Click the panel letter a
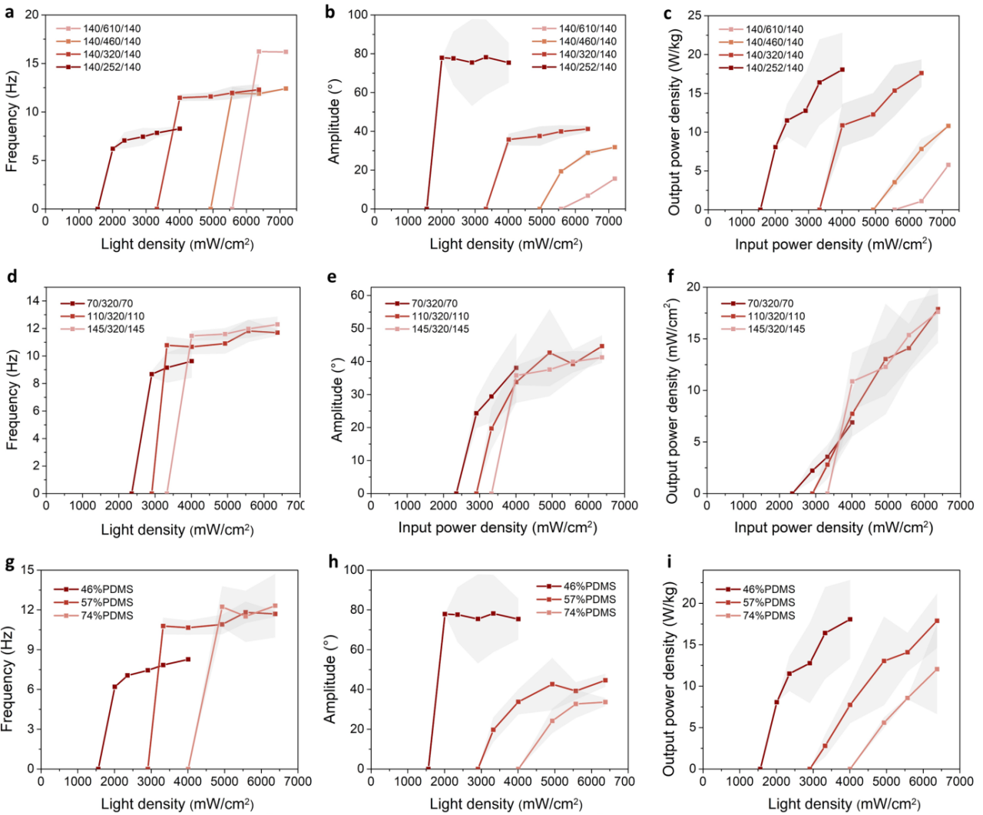[9, 13]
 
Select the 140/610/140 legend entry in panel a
[111, 28]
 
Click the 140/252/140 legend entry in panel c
[774, 68]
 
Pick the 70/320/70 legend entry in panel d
[110, 303]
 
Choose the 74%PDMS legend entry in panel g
[107, 615]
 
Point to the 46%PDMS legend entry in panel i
[769, 589]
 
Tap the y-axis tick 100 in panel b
[357, 15]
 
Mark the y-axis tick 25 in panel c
[693, 15]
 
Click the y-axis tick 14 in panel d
[33, 300]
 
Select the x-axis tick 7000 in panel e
[625, 505]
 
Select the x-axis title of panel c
[833, 244]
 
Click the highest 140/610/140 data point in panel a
[259, 51]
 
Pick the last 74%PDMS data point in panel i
[936, 669]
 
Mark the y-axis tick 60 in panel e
[356, 295]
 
